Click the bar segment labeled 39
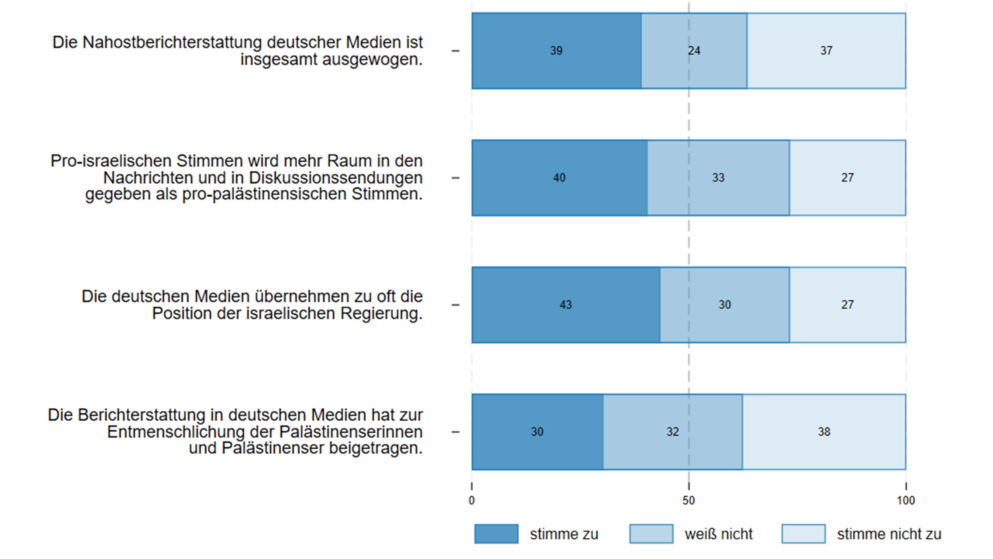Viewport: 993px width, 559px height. pos(556,51)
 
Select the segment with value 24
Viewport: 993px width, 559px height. pos(694,51)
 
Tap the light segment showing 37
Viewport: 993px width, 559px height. pos(826,51)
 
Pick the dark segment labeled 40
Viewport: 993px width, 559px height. pos(559,178)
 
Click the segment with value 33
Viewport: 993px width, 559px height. pos(718,178)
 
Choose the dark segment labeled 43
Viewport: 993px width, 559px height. pos(566,305)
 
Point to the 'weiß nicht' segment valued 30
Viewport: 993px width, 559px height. pos(724,305)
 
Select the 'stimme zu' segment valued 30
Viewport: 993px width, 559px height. pos(537,432)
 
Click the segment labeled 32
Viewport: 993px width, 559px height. pos(672,432)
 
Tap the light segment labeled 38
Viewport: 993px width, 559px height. pos(824,432)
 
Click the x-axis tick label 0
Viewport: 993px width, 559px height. pos(472,501)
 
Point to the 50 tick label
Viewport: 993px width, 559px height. pos(688,501)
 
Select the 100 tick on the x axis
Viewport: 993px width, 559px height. pos(906,501)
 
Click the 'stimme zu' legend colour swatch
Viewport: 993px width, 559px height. pos(496,534)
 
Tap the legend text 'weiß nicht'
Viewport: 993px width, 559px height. pos(718,534)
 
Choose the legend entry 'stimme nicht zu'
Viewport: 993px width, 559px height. pos(889,534)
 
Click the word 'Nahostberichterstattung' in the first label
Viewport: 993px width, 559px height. pos(172,43)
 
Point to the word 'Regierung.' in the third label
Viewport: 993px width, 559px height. pos(381,314)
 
